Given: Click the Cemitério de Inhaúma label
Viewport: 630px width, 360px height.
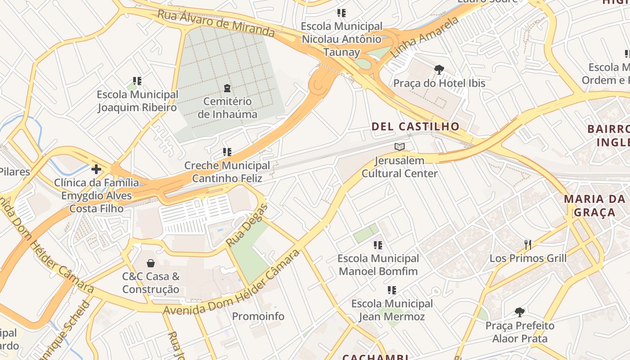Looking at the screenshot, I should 227,108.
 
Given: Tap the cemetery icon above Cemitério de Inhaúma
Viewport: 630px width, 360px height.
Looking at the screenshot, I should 227,88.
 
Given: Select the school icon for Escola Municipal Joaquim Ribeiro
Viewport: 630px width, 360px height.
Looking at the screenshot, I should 137,81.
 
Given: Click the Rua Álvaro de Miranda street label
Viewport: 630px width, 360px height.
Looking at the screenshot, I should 216,23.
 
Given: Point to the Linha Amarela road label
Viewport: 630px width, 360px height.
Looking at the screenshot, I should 425,37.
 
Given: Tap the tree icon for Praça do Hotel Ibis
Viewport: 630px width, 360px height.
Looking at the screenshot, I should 439,69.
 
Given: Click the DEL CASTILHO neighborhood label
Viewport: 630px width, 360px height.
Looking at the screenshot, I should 415,126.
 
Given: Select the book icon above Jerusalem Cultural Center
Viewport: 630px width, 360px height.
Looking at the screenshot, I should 400,147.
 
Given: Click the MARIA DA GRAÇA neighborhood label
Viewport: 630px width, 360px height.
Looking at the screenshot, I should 594,206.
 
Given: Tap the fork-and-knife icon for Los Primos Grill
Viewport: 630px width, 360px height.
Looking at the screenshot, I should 528,245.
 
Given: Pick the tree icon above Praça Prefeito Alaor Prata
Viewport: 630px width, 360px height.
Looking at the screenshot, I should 520,312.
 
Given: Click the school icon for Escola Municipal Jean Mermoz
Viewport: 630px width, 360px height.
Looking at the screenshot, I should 392,290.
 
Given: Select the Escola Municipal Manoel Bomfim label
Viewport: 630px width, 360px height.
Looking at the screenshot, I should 378,265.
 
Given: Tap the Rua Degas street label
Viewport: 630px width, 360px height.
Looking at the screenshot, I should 247,225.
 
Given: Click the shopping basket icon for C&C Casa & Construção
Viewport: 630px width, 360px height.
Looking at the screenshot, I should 151,263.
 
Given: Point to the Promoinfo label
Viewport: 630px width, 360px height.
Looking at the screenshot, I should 258,316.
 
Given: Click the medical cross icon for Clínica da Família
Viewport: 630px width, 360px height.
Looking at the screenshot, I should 96,169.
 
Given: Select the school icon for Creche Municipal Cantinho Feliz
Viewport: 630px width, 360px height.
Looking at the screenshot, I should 227,152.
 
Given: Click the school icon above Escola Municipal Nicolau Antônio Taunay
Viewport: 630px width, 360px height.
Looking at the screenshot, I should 342,13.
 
